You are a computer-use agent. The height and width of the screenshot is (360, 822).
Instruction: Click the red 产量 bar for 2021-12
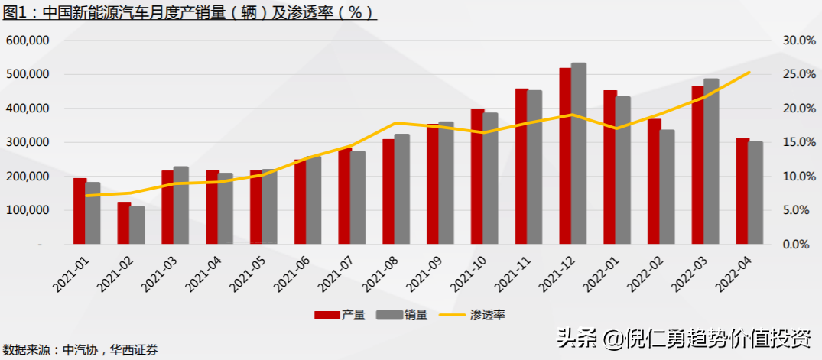point(565,156)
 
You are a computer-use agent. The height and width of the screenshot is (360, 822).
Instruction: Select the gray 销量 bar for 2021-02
point(137,225)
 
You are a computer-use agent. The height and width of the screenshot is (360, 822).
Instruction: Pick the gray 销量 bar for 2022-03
point(711,161)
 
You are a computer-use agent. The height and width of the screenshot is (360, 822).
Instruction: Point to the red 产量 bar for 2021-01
point(80,211)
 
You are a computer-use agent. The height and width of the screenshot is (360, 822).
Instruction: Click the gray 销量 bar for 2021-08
point(402,189)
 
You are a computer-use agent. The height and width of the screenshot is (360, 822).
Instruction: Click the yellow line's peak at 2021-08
point(395,122)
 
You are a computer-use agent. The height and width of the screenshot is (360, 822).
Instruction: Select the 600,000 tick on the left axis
point(28,41)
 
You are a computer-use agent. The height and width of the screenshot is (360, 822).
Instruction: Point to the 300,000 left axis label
point(28,142)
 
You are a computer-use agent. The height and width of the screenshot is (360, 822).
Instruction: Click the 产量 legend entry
point(340,315)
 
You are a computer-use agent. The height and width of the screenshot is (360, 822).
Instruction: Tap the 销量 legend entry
point(402,315)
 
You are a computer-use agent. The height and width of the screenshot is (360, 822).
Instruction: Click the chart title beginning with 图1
point(190,11)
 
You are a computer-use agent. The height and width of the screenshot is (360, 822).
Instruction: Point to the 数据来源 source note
point(80,349)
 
